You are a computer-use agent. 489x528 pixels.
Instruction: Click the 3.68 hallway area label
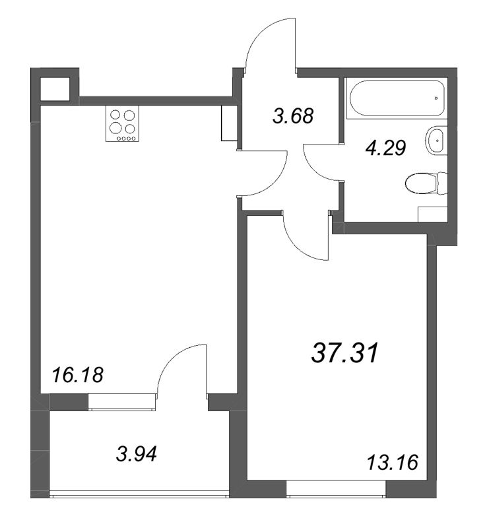coord(293,115)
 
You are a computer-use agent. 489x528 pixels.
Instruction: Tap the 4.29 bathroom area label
coord(386,148)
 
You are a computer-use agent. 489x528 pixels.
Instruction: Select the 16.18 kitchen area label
coord(77,375)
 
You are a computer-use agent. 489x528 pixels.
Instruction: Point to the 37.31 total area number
coord(345,353)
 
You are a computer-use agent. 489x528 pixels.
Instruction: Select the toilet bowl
coord(426,183)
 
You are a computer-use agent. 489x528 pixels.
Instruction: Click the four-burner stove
coord(123,123)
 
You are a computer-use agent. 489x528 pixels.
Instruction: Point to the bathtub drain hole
coord(436,98)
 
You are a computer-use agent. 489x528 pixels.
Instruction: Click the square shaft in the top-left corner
coord(55,88)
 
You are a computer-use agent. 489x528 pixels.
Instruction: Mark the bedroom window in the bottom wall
coord(336,490)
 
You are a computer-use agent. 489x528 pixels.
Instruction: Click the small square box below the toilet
coord(433,214)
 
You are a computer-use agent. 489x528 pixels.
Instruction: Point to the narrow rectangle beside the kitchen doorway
coord(229,123)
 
